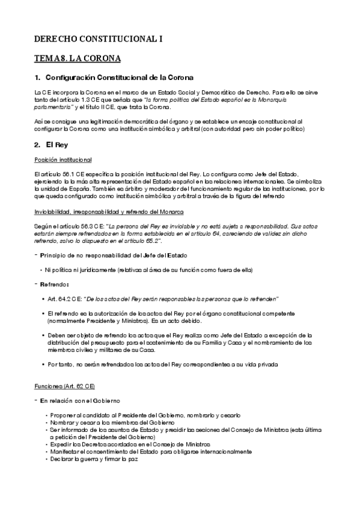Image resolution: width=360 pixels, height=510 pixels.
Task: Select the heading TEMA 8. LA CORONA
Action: point(78,58)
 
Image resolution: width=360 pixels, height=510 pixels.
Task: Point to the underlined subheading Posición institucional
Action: point(63,159)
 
